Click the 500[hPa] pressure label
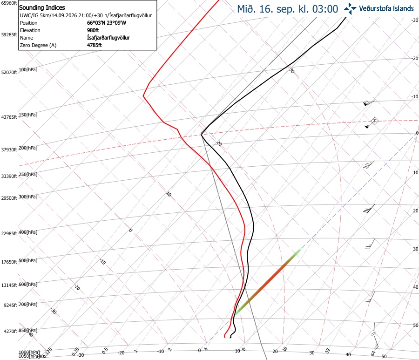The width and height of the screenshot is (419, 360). pos(28,261)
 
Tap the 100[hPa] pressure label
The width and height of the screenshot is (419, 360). pos(28,70)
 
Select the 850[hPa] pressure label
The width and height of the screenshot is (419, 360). pos(28,331)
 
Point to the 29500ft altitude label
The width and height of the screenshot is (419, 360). pos(9,198)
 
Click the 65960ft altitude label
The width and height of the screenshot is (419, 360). pos(9,3)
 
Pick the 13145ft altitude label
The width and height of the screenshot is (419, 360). pos(9,285)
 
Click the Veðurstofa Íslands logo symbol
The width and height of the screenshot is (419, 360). pos(350,8)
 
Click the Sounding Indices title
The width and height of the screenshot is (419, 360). pos(42,7)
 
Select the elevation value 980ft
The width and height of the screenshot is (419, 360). pos(93,30)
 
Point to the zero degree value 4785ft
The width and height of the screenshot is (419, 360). pos(95,45)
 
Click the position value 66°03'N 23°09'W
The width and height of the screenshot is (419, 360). pos(107,23)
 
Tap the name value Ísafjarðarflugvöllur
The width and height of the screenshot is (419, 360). pos(108,38)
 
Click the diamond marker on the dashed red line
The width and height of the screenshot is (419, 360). pos(375,121)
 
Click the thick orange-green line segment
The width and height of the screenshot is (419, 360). pos(267,282)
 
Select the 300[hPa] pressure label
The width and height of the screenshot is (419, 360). pos(28,197)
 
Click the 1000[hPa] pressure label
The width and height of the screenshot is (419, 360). pos(29,352)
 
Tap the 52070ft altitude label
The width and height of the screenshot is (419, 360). pos(9,73)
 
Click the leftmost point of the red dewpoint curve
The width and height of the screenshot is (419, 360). pos(143,95)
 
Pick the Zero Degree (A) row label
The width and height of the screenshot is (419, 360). pos(38,45)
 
